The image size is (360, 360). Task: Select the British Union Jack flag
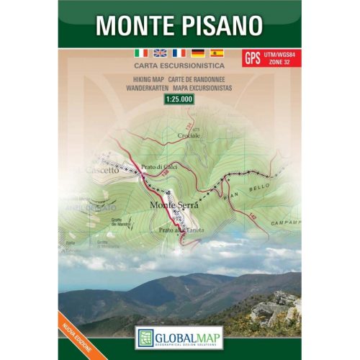pyautogui.click(x=160, y=53)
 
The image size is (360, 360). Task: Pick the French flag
pyautogui.click(x=179, y=53)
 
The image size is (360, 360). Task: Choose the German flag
pyautogui.click(x=197, y=53)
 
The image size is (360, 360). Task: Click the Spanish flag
pyautogui.click(x=216, y=53)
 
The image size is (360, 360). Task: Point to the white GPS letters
pyautogui.click(x=253, y=58)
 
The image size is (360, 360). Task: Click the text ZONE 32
pyautogui.click(x=280, y=63)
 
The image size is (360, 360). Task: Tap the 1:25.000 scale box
pyautogui.click(x=180, y=99)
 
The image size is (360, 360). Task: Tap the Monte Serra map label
pyautogui.click(x=173, y=205)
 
